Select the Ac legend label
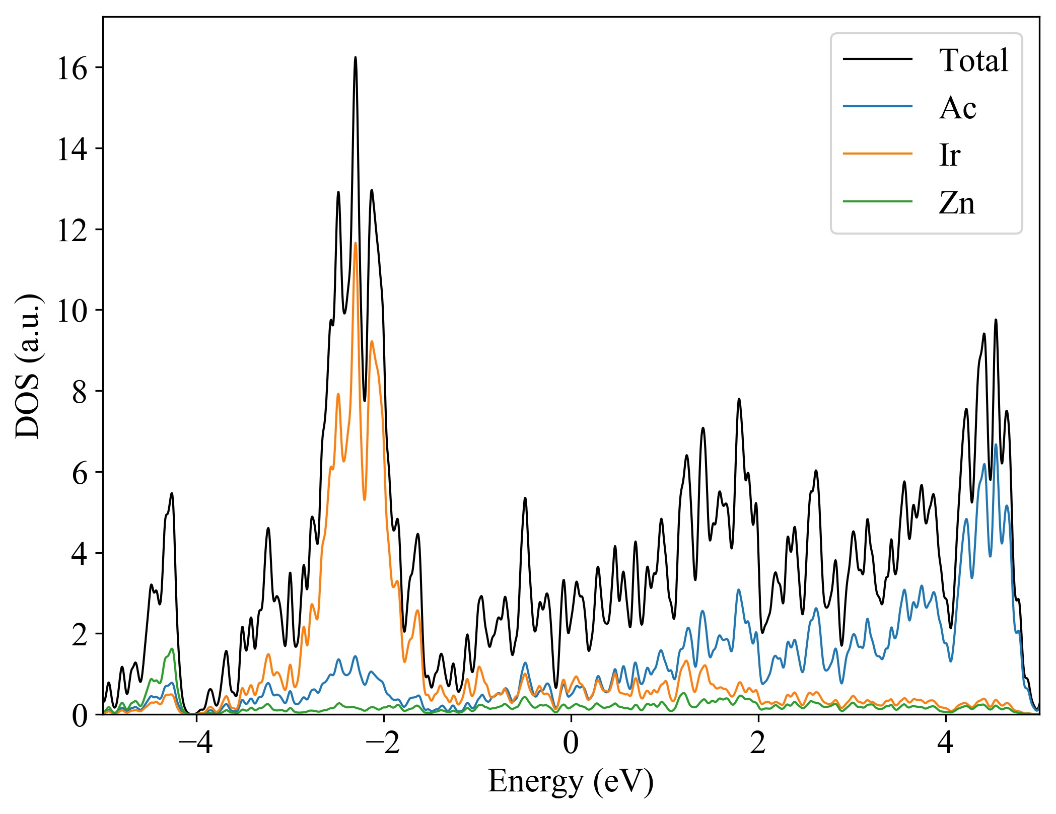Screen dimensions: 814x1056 tap(957, 108)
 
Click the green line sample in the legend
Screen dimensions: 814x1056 tap(878, 201)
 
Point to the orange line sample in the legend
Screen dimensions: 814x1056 tap(878, 154)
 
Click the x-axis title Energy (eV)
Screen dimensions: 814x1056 tap(571, 782)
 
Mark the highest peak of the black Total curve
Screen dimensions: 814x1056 tap(356, 57)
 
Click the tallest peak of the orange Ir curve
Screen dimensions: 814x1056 tap(356, 243)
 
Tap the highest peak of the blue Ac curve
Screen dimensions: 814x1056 tap(996, 445)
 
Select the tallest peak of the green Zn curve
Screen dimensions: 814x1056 tap(172, 648)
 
